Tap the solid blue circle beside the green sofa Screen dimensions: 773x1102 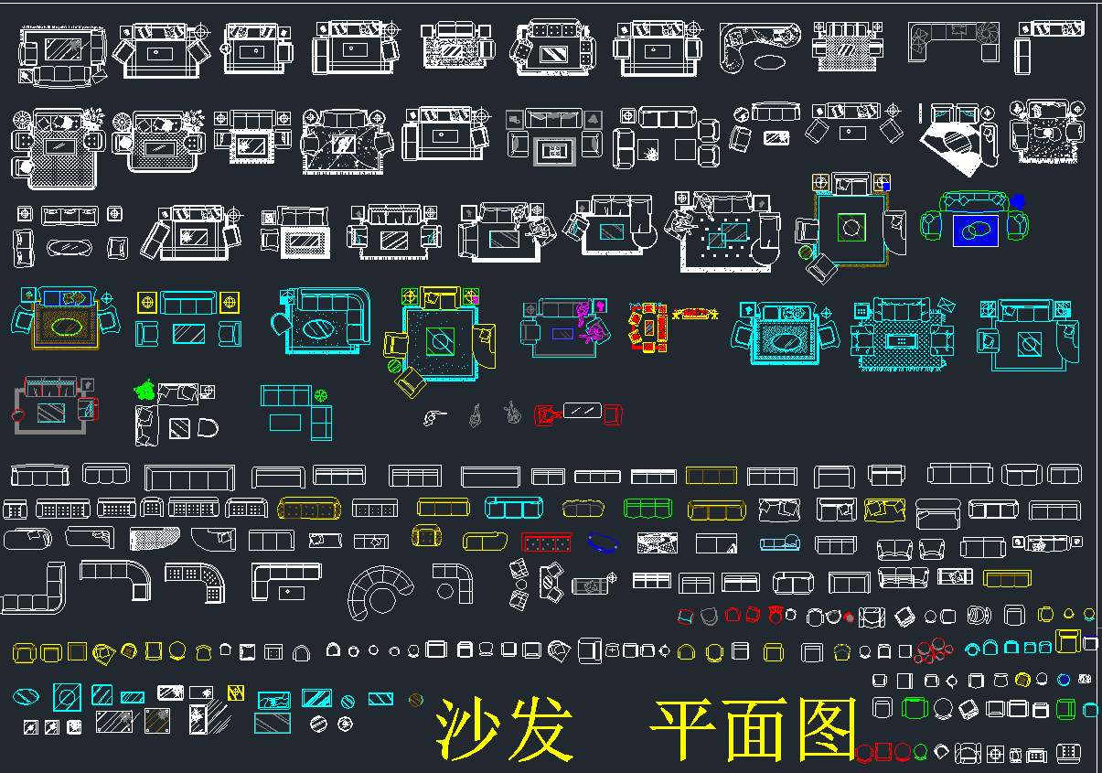(x=1018, y=199)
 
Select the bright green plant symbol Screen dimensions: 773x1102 (x=144, y=391)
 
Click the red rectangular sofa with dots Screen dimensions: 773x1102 (x=546, y=542)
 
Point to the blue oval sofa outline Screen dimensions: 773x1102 (x=603, y=542)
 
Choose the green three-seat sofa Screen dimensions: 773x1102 (x=647, y=508)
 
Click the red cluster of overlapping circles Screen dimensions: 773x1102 (x=934, y=650)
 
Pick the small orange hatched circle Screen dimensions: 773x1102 (x=416, y=700)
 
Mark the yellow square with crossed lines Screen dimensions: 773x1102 (x=236, y=692)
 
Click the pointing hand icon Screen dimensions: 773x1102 (x=434, y=417)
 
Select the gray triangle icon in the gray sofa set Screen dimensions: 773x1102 (x=593, y=119)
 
